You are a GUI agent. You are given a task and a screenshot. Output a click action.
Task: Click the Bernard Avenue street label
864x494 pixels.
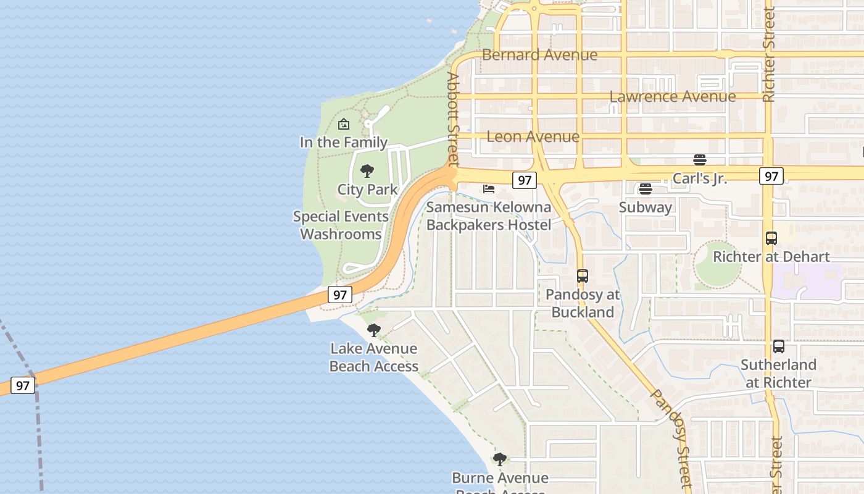point(539,55)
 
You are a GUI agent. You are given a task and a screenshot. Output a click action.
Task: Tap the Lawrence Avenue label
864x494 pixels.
point(672,97)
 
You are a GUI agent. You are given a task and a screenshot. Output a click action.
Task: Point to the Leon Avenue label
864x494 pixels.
point(533,136)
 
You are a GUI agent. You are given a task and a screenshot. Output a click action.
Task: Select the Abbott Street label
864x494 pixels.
point(454,119)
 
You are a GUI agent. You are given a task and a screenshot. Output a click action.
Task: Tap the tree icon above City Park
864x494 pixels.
point(367,171)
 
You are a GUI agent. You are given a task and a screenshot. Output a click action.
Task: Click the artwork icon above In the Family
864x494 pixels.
point(344,125)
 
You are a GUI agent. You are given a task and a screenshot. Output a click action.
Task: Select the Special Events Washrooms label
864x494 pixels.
point(341,225)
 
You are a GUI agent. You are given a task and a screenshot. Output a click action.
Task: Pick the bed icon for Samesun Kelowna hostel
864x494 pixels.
point(489,188)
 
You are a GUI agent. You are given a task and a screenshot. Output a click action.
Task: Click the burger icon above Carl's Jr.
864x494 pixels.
point(699,160)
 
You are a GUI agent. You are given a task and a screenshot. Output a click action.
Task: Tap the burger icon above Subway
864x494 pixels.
point(646,188)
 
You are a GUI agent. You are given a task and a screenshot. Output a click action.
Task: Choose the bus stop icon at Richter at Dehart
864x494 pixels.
point(771,238)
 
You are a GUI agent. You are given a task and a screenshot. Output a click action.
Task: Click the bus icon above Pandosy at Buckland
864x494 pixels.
point(583,276)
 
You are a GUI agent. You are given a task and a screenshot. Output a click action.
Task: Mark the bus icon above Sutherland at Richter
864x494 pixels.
point(778,346)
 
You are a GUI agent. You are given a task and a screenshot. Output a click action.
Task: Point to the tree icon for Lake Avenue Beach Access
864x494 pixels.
point(373,330)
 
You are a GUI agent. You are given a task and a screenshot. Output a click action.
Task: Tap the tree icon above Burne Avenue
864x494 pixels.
point(500,459)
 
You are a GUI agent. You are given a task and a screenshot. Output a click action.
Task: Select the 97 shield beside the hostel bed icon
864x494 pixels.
point(524,180)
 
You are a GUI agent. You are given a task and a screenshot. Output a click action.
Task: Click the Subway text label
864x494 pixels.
point(645,207)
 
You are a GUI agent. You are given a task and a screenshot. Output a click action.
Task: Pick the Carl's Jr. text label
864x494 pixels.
point(700,178)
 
